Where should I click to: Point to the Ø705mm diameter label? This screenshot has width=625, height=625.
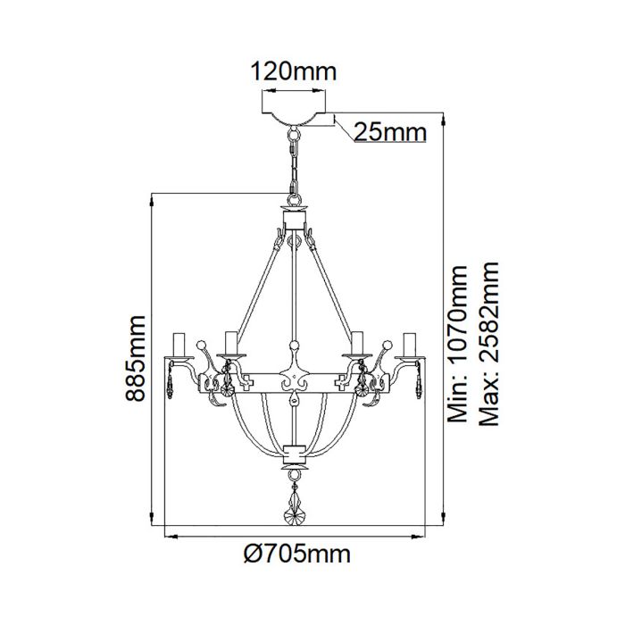tap(296, 554)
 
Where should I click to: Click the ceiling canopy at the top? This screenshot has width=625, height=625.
tap(294, 118)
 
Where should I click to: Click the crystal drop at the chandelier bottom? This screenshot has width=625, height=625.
tap(294, 510)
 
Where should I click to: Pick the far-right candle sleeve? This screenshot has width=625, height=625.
tap(411, 344)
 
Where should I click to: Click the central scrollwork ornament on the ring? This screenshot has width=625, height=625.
tap(294, 381)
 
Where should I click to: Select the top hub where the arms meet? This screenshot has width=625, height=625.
tap(294, 217)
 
